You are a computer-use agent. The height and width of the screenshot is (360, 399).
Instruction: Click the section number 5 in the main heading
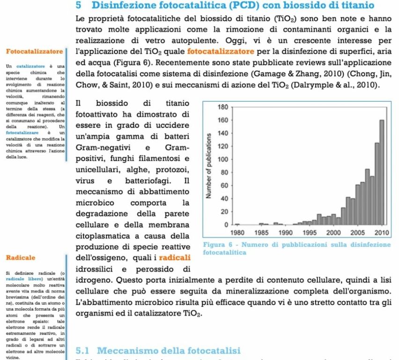click(x=79, y=6)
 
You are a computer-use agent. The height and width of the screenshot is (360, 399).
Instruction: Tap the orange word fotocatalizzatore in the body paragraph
click(x=221, y=50)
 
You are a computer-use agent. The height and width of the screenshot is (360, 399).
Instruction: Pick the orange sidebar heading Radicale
click(x=19, y=257)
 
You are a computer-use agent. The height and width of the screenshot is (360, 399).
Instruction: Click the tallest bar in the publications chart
click(x=382, y=172)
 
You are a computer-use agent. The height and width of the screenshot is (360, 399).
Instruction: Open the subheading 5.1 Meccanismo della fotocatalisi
click(x=158, y=351)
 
